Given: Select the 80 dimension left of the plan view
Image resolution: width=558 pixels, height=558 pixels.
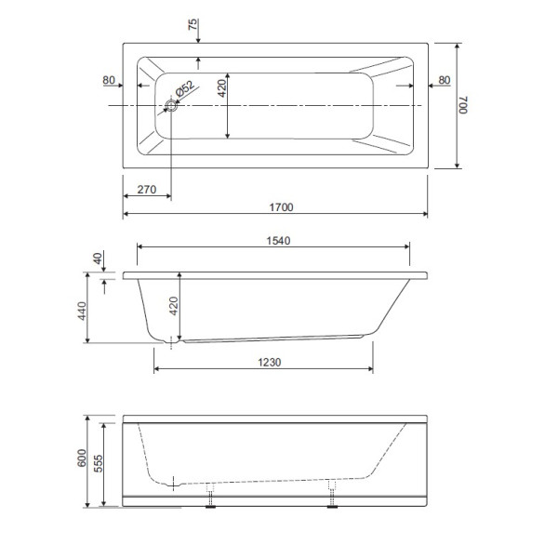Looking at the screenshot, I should pos(109,81).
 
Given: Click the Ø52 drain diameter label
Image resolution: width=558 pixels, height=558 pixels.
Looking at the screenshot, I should pos(184,88).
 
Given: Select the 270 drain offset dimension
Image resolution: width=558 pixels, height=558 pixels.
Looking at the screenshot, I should pos(146,189).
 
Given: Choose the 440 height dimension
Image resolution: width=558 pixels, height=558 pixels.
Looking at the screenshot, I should pos(81,309).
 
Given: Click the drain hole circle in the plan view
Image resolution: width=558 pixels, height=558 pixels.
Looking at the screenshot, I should pos(171,106).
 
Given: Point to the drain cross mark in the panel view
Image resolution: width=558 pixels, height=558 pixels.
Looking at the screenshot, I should pos(174,483).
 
